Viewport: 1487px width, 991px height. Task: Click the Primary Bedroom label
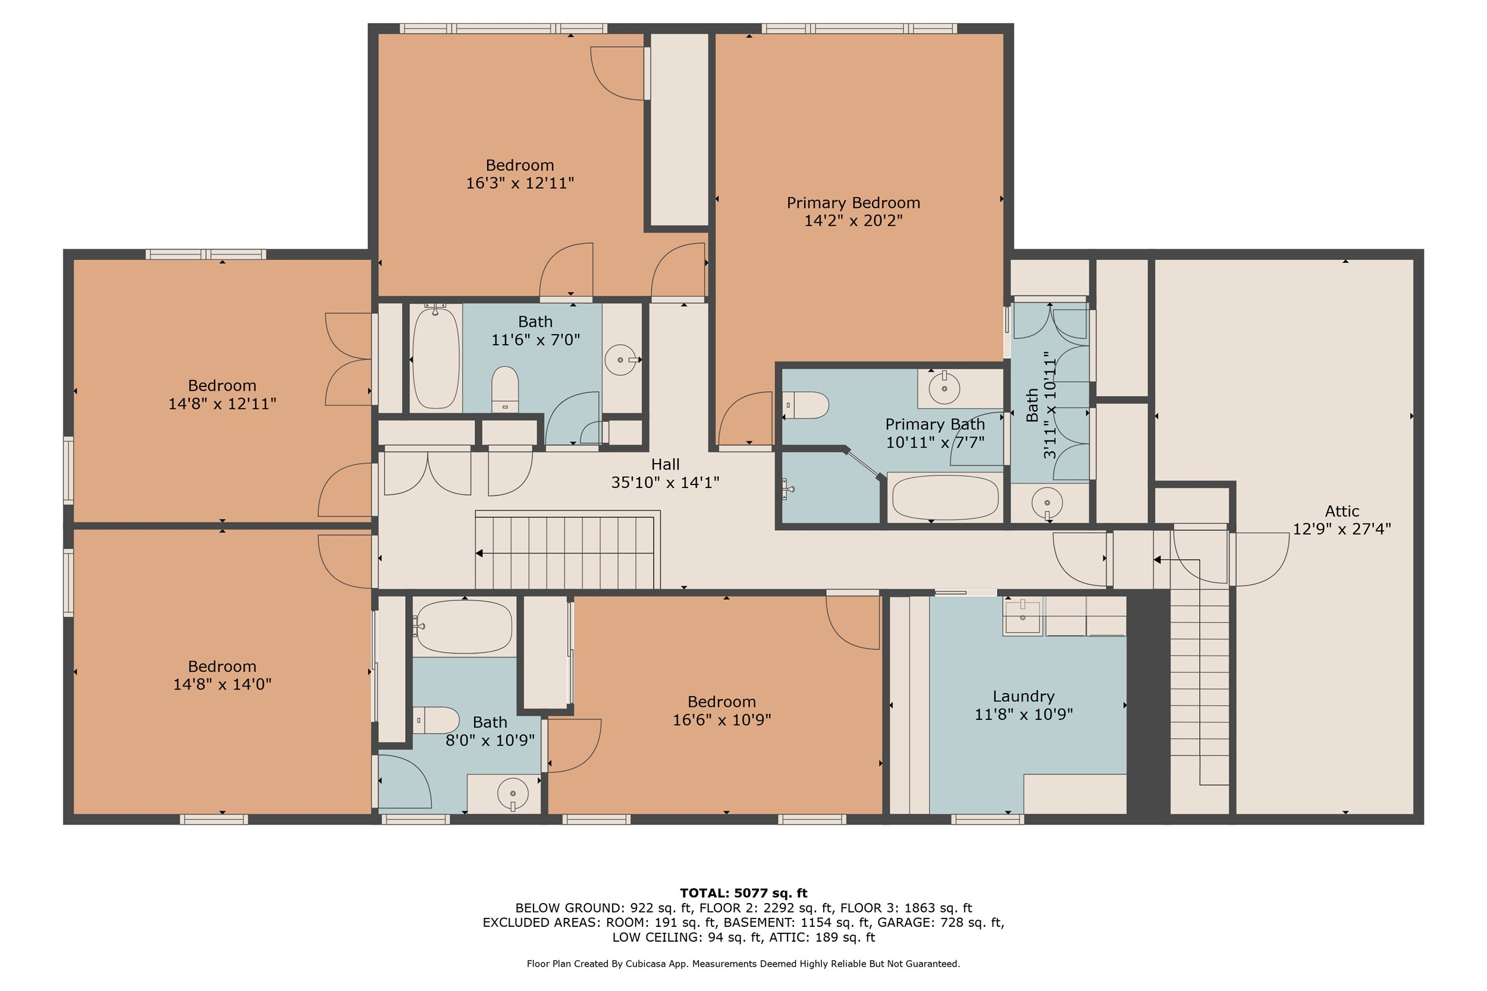pyautogui.click(x=853, y=203)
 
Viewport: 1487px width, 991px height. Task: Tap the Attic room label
pyautogui.click(x=1342, y=511)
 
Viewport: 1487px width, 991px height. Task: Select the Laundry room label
pyautogui.click(x=1024, y=697)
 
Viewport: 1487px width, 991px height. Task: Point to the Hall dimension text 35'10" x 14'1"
pyautogui.click(x=665, y=483)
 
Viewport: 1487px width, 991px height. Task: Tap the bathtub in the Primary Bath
pyautogui.click(x=945, y=498)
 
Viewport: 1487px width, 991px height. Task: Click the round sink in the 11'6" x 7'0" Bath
pyautogui.click(x=620, y=360)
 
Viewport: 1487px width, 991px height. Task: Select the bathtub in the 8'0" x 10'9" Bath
pyautogui.click(x=463, y=627)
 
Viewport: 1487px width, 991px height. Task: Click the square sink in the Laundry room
pyautogui.click(x=1022, y=617)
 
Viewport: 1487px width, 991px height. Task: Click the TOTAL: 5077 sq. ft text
pyautogui.click(x=743, y=893)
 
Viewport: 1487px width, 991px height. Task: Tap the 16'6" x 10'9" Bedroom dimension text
pyautogui.click(x=721, y=720)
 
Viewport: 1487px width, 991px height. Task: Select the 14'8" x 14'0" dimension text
pyautogui.click(x=222, y=684)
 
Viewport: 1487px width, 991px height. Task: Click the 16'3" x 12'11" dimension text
pyautogui.click(x=520, y=183)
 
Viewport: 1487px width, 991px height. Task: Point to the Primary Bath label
pyautogui.click(x=934, y=424)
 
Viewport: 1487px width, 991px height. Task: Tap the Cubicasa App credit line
pyautogui.click(x=743, y=964)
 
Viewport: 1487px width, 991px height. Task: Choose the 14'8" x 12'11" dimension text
pyautogui.click(x=222, y=404)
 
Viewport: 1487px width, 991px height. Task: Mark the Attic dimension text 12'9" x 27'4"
pyautogui.click(x=1342, y=529)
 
